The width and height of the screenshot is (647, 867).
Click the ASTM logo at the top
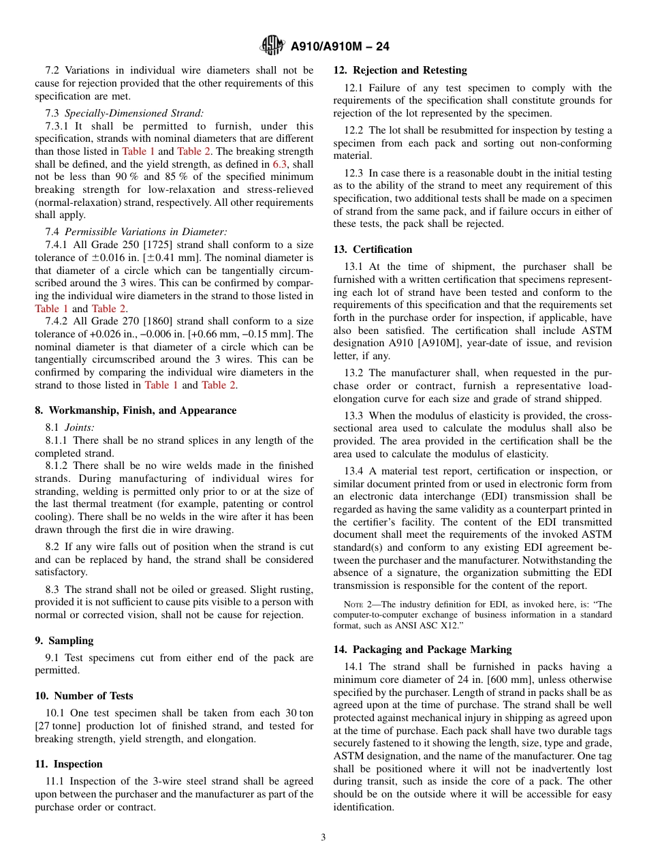click(272, 46)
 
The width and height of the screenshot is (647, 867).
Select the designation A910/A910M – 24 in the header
click(340, 46)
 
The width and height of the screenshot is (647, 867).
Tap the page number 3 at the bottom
click(323, 838)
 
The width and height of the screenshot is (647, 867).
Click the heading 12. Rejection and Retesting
click(400, 70)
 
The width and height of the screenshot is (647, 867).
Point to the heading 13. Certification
click(373, 249)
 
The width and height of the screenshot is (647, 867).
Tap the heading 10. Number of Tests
click(84, 696)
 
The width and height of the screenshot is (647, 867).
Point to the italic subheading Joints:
click(80, 427)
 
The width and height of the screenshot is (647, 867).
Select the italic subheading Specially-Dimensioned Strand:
click(134, 113)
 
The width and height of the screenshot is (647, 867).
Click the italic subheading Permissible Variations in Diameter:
click(146, 232)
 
